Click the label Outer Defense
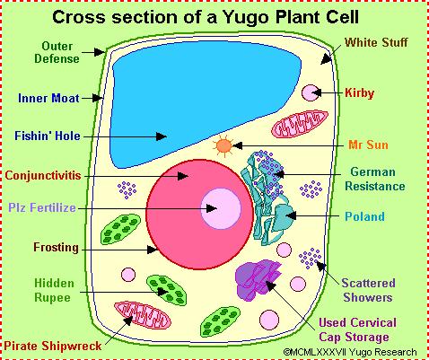point(57,52)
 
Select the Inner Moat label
point(48,98)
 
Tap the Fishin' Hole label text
point(48,136)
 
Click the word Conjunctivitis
point(43,175)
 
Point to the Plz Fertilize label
point(42,207)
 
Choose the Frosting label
point(56,248)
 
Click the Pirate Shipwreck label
point(53,346)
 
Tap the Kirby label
point(359,92)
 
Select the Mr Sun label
point(368,145)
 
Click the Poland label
point(364,216)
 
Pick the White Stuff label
point(376,42)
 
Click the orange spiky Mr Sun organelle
point(224,146)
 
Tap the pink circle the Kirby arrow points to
point(311,92)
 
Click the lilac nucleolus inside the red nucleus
point(221,208)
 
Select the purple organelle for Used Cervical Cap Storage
point(258,280)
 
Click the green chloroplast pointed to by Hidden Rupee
point(166,291)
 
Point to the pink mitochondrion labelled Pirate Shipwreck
point(143,316)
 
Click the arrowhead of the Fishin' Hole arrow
point(162,136)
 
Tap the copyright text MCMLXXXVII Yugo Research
point(349,352)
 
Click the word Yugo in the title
point(246,17)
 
